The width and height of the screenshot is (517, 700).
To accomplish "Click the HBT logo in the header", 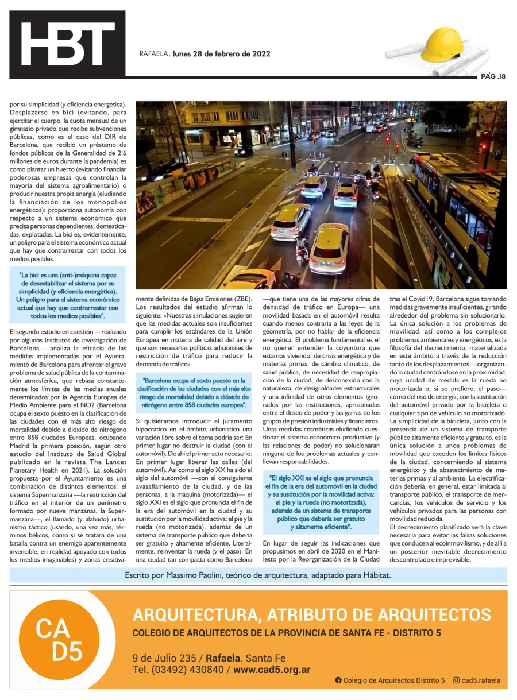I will click(x=67, y=44).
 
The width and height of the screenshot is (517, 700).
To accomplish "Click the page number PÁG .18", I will click(x=493, y=76).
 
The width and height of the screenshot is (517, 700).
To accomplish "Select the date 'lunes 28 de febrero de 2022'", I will click(x=221, y=54).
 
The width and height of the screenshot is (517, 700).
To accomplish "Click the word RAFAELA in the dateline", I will click(x=155, y=54).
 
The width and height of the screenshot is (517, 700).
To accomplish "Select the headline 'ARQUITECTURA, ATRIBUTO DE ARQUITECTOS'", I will click(x=311, y=614).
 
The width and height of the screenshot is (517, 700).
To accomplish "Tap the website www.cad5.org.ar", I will click(x=272, y=670).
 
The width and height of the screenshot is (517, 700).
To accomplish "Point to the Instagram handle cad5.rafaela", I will click(x=480, y=680).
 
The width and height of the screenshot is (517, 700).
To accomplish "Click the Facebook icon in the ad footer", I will click(x=338, y=680).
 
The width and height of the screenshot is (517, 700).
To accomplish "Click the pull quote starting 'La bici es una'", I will click(x=68, y=296).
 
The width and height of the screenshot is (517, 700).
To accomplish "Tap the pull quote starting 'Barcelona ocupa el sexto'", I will click(x=195, y=392).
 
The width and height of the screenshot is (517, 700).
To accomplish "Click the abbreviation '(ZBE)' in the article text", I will click(x=241, y=299).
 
